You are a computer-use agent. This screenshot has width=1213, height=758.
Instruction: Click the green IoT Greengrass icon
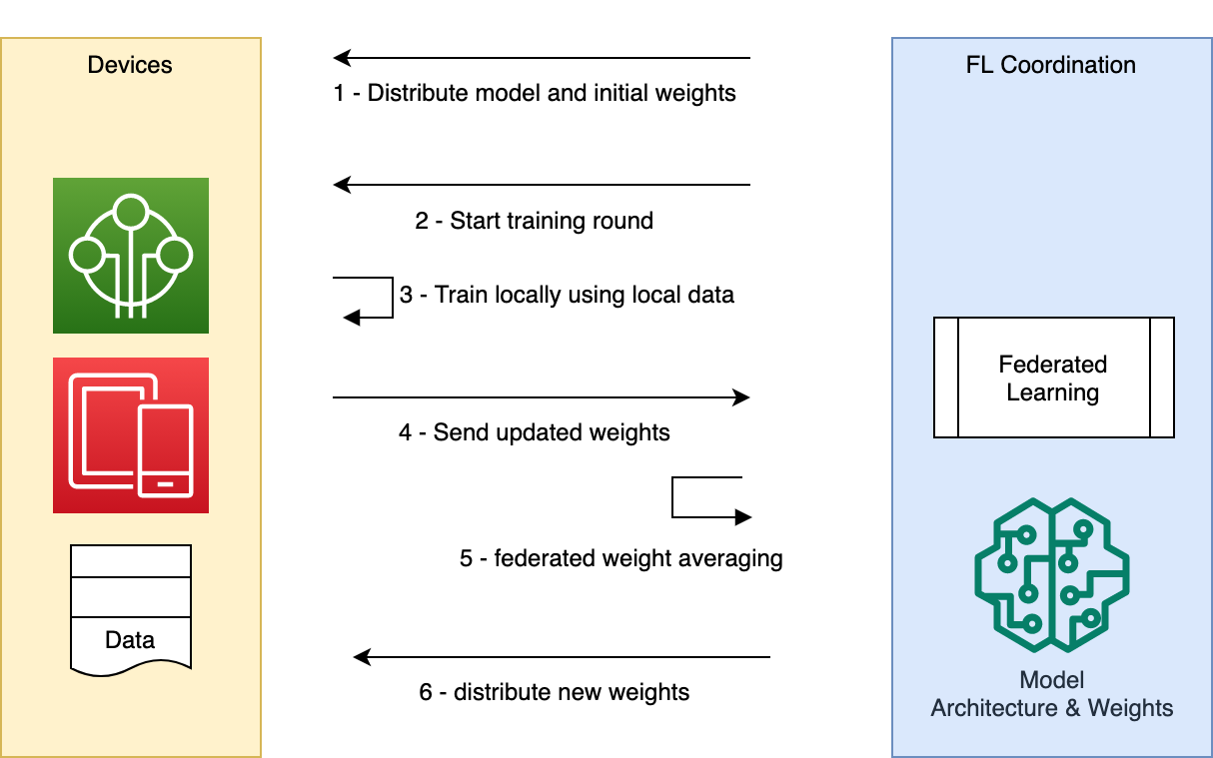(x=131, y=256)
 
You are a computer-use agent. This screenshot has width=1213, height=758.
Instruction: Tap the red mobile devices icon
(x=131, y=435)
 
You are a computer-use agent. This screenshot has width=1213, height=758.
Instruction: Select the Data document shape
(x=130, y=607)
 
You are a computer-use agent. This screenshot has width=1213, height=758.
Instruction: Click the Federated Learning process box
(x=1053, y=378)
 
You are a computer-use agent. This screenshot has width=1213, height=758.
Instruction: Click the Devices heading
(x=130, y=65)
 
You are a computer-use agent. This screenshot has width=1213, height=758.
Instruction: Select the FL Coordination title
(x=1051, y=65)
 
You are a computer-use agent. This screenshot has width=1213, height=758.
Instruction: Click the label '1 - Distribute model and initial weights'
(x=535, y=94)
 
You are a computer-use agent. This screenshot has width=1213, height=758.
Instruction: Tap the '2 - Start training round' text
(x=534, y=221)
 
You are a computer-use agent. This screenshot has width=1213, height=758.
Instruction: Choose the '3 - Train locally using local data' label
(x=567, y=296)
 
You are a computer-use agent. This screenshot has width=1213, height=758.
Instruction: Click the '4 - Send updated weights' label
(x=534, y=432)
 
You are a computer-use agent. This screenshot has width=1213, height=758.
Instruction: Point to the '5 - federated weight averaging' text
(x=620, y=557)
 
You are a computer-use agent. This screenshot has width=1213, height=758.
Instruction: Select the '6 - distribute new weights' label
(x=554, y=692)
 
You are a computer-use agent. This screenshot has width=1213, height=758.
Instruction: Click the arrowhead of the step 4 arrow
(x=741, y=397)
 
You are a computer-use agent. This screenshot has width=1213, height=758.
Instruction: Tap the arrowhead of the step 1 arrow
(x=342, y=58)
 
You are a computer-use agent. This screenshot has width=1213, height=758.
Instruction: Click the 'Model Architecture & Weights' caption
(x=1051, y=694)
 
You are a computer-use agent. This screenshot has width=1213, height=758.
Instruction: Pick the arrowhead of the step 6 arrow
(x=363, y=657)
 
